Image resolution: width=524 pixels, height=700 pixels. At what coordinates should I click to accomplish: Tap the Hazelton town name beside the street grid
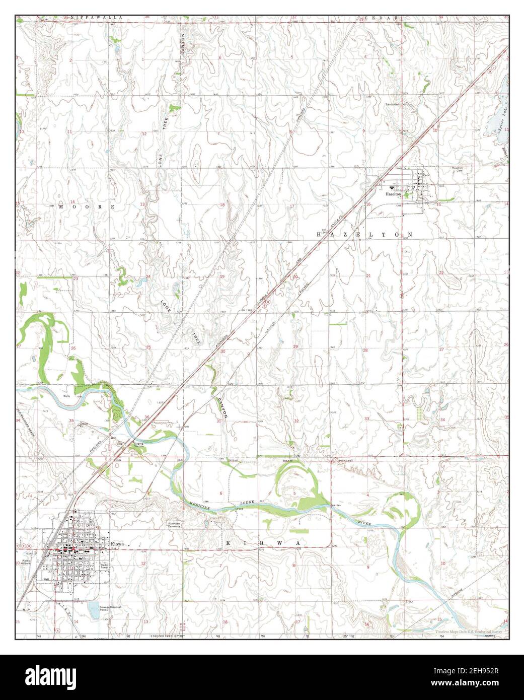pyautogui.click(x=393, y=193)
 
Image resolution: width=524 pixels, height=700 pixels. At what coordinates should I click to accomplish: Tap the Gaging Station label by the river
pyautogui.click(x=138, y=445)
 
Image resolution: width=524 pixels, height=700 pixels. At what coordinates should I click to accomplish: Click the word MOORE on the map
pyautogui.click(x=87, y=207)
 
